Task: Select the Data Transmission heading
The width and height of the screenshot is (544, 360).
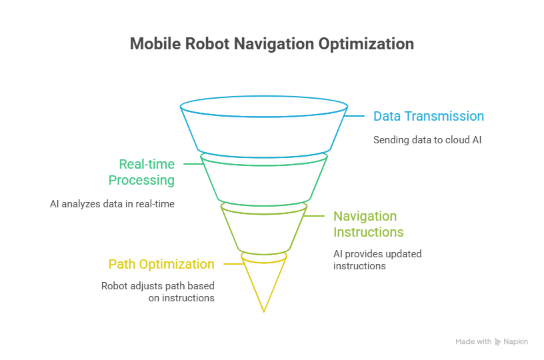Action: point(428,116)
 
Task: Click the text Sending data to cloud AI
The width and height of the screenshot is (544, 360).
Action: point(426,140)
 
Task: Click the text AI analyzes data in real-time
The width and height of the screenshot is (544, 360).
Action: point(112,203)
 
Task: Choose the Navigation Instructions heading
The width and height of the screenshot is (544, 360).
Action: point(368,224)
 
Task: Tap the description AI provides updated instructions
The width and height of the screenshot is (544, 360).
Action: point(377,259)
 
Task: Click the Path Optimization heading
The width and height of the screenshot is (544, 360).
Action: point(161,264)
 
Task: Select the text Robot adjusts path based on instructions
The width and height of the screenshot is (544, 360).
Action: point(158,291)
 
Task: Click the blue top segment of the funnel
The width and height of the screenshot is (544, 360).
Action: point(264,131)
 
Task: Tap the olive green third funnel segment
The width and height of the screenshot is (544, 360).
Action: point(264,230)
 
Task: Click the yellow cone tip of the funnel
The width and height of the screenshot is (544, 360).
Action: point(264,280)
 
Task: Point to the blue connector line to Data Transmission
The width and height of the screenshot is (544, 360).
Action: point(355,116)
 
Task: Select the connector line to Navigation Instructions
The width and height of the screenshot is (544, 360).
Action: point(315,217)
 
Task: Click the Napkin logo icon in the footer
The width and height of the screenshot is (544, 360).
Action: point(498,341)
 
